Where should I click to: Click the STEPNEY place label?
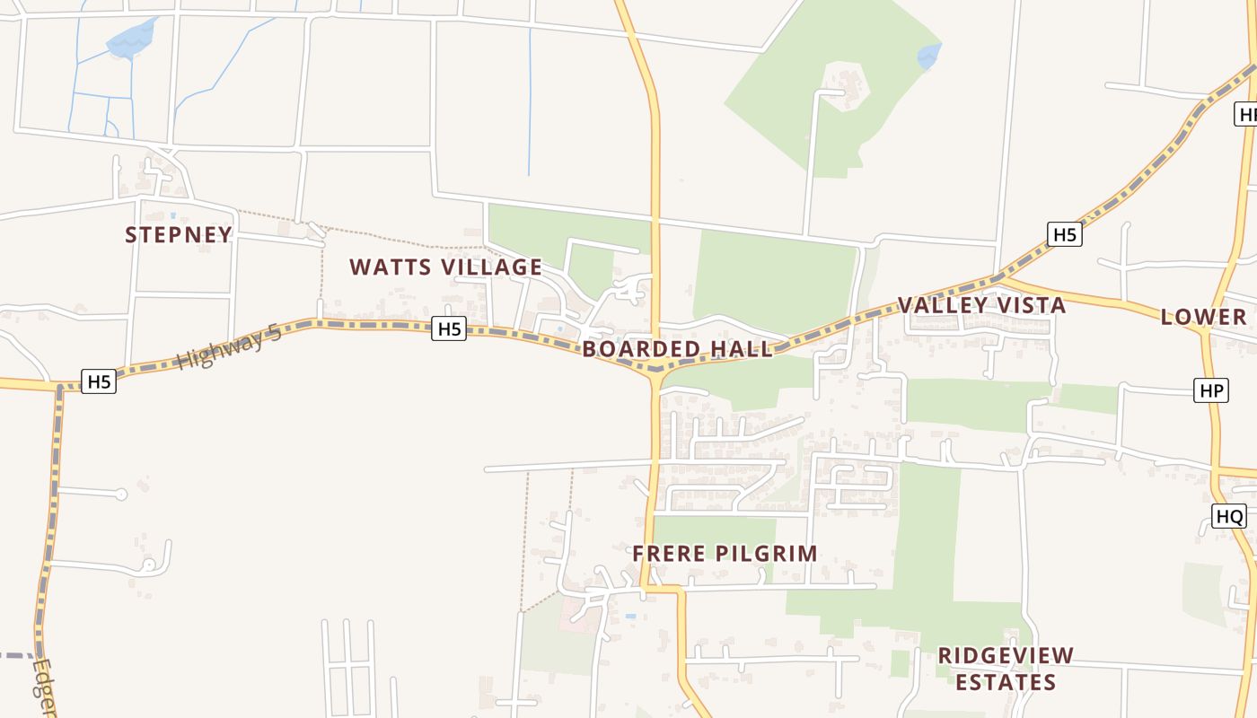[179, 235]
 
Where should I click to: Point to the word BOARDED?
[641, 349]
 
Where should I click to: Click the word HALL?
[742, 349]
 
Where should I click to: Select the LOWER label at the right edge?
[1204, 317]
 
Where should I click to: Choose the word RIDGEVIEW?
[1006, 655]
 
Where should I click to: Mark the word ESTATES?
[1006, 682]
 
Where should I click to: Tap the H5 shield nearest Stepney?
[99, 381]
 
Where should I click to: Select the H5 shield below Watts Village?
[449, 329]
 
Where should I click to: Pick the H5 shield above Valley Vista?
[1064, 235]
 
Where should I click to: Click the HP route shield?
[1211, 390]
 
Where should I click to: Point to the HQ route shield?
[1229, 516]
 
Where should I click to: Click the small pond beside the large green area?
[928, 57]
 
